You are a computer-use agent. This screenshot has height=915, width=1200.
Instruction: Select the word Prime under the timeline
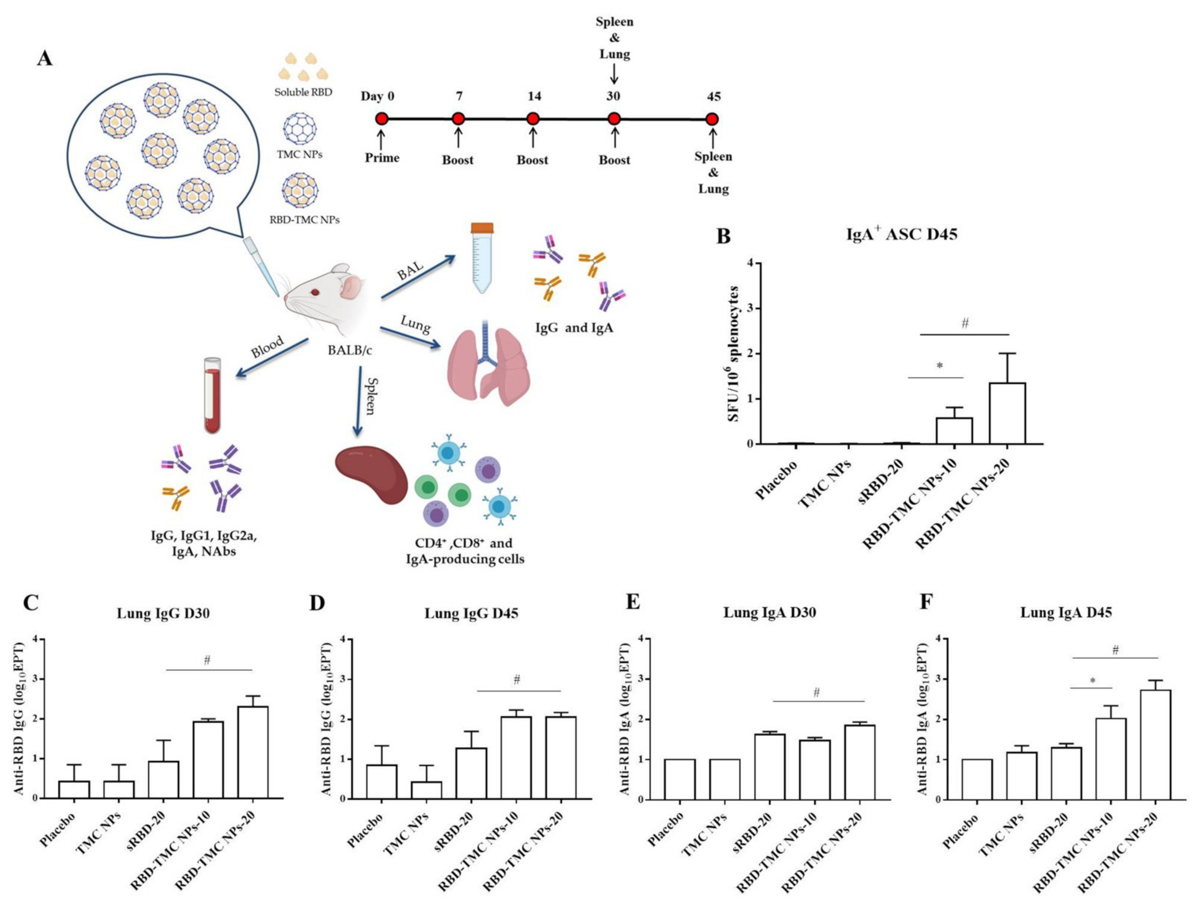click(x=382, y=158)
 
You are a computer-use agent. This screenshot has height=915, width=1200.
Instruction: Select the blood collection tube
click(x=212, y=395)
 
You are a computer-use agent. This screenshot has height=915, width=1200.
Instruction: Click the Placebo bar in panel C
click(x=74, y=790)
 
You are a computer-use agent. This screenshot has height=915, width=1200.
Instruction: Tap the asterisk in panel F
click(x=1092, y=681)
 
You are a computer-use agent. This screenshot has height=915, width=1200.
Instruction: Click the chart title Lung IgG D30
click(x=163, y=613)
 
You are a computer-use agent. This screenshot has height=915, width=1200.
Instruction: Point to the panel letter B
click(x=723, y=236)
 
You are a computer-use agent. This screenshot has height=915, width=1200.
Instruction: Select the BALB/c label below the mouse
click(x=349, y=350)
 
